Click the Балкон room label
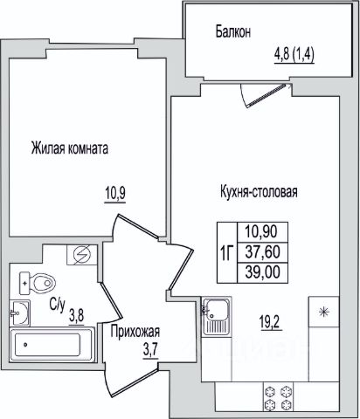(x=233, y=31)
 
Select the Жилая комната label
(x=70, y=148)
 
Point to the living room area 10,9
(x=115, y=194)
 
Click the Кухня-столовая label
(x=259, y=192)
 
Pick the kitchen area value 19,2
(x=271, y=322)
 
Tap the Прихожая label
(x=135, y=332)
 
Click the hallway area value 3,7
(x=150, y=349)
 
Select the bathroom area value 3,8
(x=77, y=316)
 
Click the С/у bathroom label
(x=57, y=305)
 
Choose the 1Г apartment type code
(x=227, y=253)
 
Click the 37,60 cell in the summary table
(x=263, y=251)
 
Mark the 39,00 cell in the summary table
(x=263, y=272)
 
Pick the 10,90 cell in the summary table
(x=263, y=232)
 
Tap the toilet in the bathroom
(x=38, y=283)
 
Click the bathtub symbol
(x=52, y=345)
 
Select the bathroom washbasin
(x=19, y=313)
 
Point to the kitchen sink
(x=217, y=317)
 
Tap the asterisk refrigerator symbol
(x=324, y=312)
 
